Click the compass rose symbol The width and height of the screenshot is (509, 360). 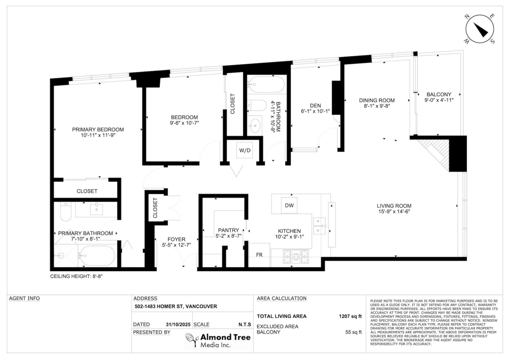(x=480, y=29)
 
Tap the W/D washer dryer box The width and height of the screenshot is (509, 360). (x=245, y=150)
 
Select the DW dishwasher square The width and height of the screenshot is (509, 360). (x=289, y=206)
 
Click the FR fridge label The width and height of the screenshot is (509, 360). (x=259, y=255)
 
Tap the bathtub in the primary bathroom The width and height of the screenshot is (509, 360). (x=97, y=256)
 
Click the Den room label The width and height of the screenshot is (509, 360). (x=315, y=106)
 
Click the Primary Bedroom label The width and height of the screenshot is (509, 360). (x=98, y=129)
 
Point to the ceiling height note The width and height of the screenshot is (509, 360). (x=77, y=276)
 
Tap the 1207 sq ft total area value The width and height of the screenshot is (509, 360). (x=350, y=316)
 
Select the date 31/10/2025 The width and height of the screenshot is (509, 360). (x=179, y=324)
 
